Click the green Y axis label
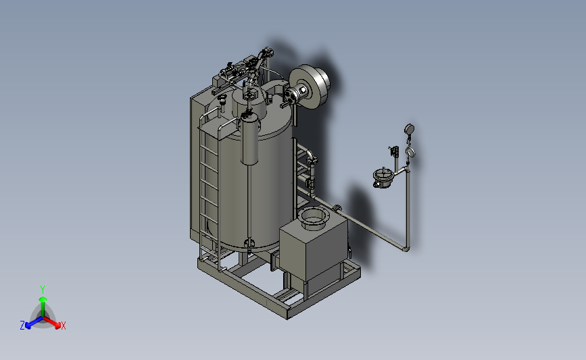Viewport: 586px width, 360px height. coord(42,290)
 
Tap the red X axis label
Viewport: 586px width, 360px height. coord(63,326)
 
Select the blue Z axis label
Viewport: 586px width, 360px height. coord(22,326)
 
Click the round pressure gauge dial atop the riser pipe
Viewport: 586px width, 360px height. coord(409,129)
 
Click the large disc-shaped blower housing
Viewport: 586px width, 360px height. coord(310,86)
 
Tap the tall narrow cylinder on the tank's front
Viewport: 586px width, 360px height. coord(250,139)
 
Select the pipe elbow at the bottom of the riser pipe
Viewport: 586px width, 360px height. coord(405,248)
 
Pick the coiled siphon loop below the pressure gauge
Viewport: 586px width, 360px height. coord(410,152)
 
